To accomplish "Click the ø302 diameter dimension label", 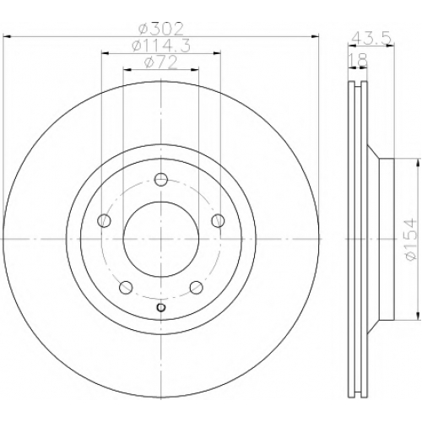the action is [161, 29].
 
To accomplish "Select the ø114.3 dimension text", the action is [161, 46].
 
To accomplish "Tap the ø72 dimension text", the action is [161, 62].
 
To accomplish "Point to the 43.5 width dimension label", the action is [371, 37].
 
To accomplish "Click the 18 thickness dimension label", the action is [358, 59].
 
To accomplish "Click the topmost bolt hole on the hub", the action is [161, 180].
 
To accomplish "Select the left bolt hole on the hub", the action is [104, 220].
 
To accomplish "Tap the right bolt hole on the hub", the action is [218, 220].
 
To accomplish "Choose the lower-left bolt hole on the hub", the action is [126, 287].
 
